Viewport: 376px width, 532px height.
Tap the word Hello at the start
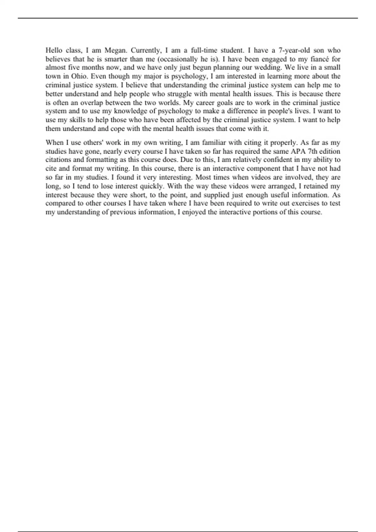[54, 50]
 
